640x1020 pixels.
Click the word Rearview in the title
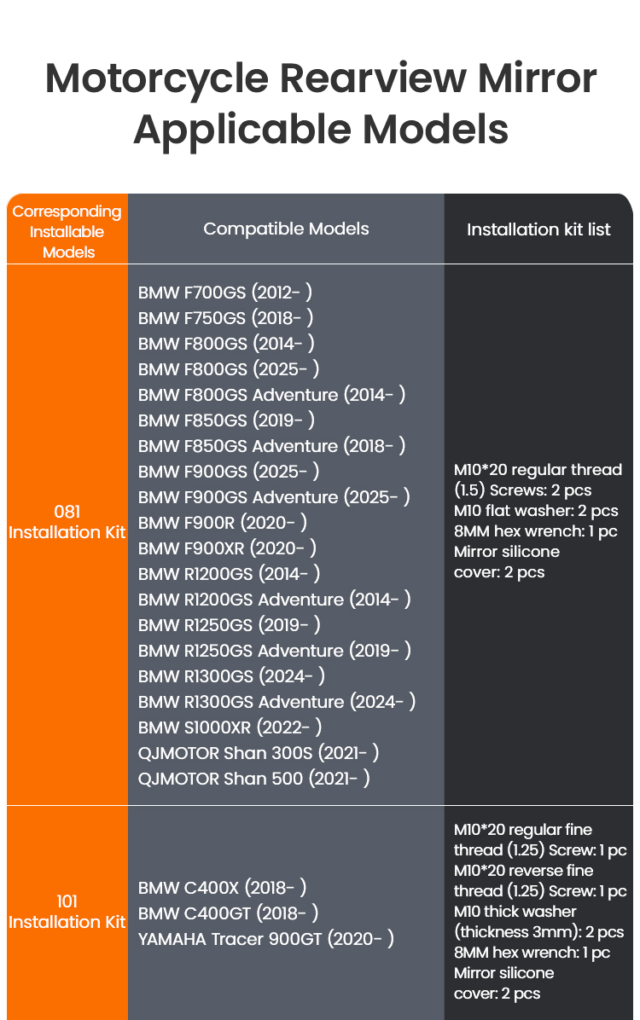[x=373, y=78]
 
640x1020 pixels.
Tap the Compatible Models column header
[x=286, y=229]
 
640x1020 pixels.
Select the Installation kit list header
[x=538, y=229]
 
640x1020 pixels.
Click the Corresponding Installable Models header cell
[x=67, y=232]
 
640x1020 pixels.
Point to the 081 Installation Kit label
[x=67, y=522]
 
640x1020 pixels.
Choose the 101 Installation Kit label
[x=67, y=912]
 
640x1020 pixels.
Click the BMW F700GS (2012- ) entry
[x=224, y=292]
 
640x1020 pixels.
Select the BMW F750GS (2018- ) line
[x=225, y=317]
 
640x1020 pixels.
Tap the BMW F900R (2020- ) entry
[x=222, y=522]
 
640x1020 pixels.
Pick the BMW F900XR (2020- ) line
[x=227, y=548]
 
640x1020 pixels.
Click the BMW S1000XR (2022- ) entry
[x=230, y=727]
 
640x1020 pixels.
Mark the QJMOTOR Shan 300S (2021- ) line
[x=259, y=753]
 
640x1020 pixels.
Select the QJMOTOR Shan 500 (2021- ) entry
[x=254, y=778]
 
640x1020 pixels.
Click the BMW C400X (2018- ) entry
[x=222, y=887]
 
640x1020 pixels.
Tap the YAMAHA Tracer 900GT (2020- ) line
[x=265, y=939]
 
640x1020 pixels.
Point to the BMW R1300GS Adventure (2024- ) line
[x=276, y=701]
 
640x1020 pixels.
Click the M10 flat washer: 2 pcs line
[x=536, y=511]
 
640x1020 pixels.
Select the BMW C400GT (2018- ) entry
[x=228, y=913]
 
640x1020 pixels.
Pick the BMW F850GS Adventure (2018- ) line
[x=271, y=445]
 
